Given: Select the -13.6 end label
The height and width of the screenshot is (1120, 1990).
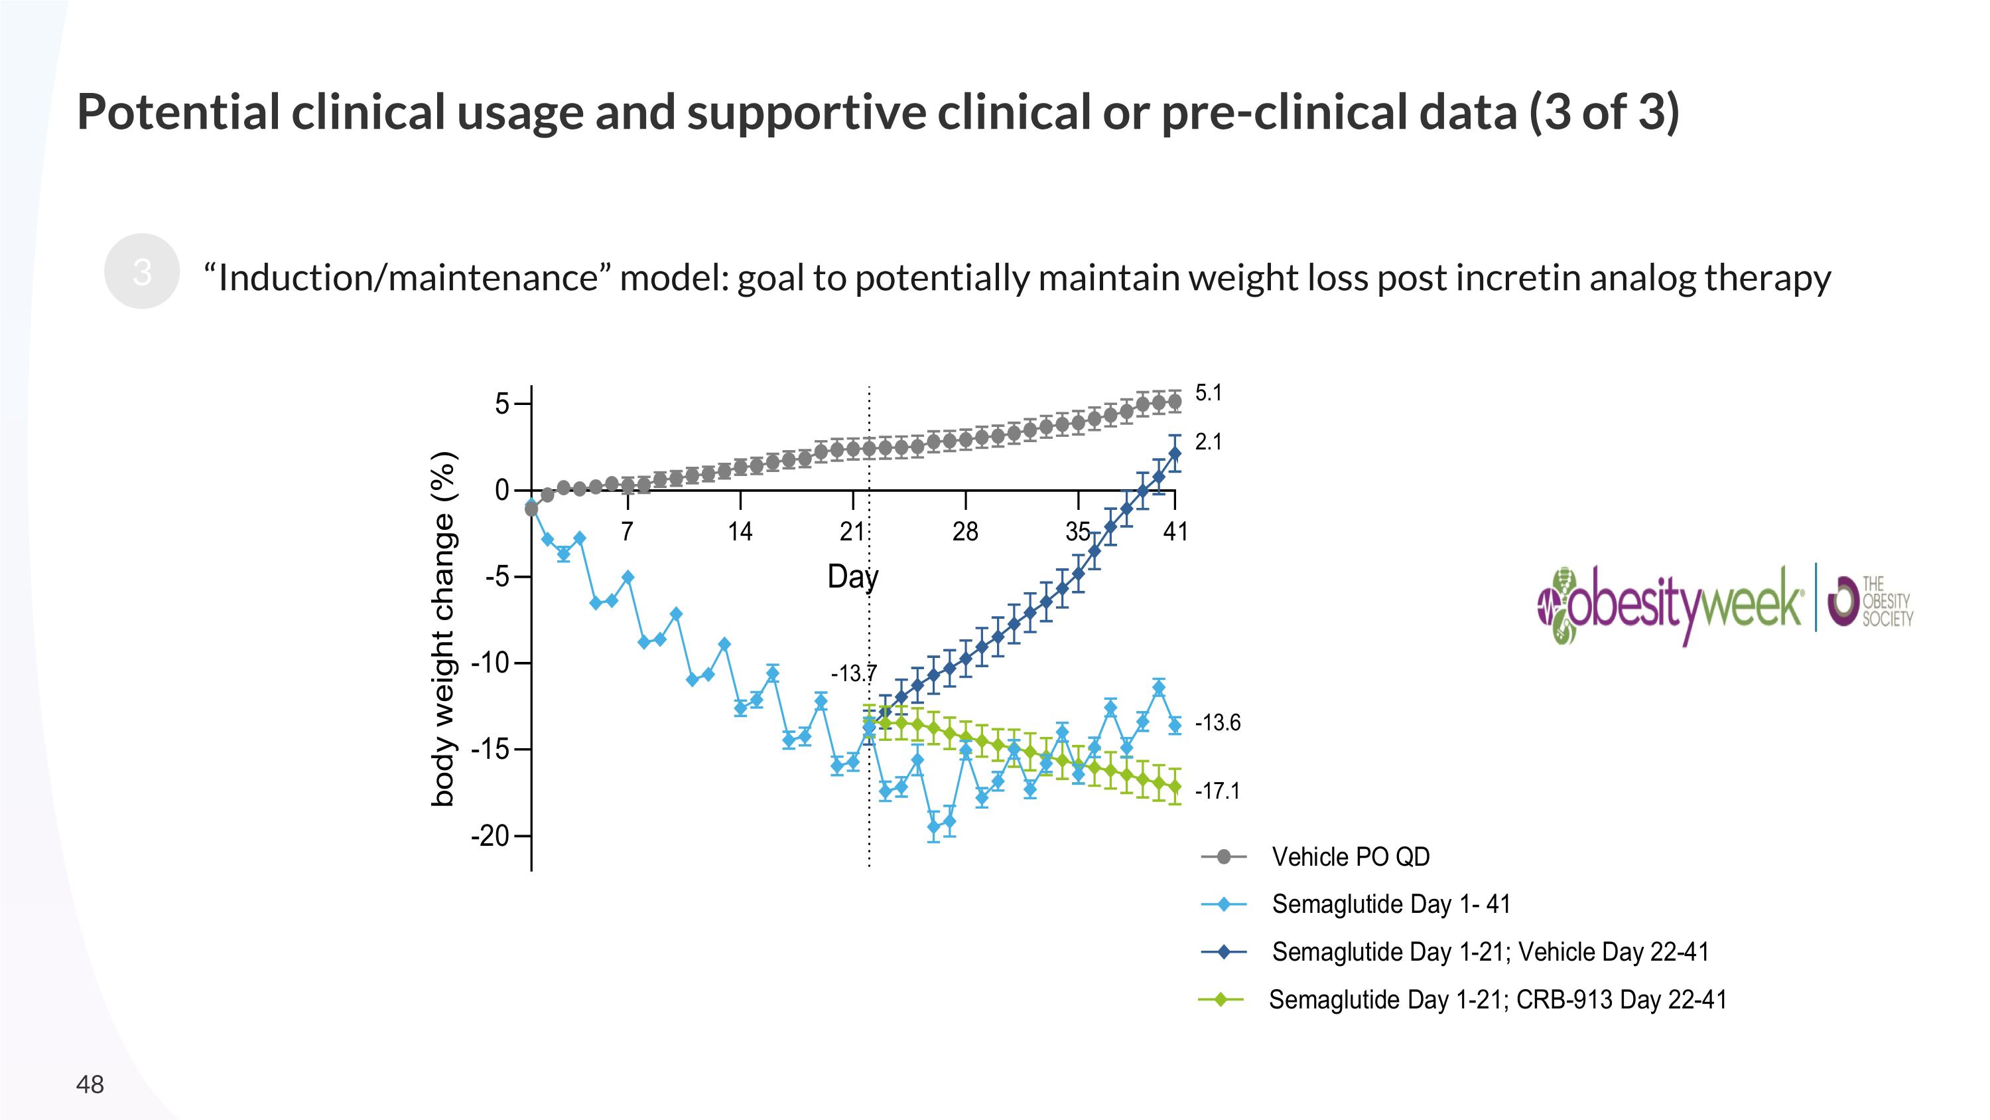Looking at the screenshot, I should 1217,723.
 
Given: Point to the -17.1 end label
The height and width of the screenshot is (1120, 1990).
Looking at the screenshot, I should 1217,791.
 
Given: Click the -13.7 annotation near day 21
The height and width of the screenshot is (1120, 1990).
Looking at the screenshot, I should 854,674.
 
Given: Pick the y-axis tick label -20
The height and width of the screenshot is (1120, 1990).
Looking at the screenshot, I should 491,836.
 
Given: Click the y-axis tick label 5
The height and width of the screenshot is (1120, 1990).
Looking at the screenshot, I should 502,404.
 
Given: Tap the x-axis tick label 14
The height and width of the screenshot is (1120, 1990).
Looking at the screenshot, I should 740,532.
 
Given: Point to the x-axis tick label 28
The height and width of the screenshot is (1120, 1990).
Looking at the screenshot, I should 966,532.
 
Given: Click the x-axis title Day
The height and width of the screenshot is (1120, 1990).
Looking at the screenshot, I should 853,577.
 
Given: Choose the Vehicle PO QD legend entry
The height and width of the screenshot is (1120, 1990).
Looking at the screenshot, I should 1351,856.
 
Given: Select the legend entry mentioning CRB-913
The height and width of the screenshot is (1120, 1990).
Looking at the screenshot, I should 1497,999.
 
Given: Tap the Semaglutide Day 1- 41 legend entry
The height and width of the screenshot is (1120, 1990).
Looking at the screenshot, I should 1390,904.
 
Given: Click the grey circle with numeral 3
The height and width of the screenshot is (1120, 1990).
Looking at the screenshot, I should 142,272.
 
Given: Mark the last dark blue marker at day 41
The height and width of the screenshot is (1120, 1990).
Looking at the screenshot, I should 1175,453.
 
